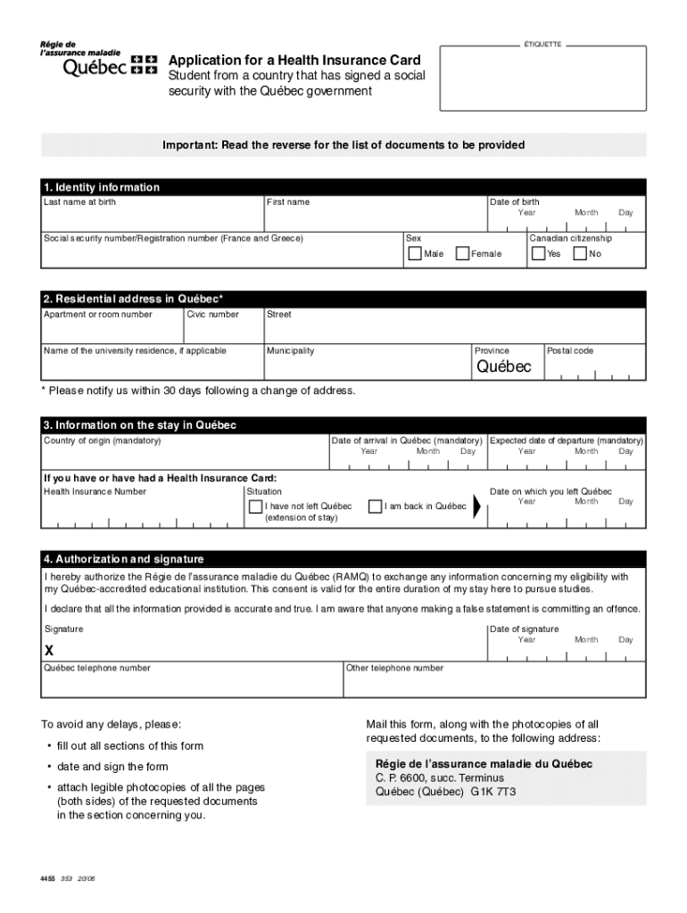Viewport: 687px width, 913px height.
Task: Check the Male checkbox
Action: click(x=415, y=253)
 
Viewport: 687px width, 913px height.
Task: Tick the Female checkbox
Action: click(x=463, y=253)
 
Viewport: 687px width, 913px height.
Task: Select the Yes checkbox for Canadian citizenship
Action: click(x=538, y=253)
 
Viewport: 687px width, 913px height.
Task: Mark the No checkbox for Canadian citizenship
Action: click(x=580, y=253)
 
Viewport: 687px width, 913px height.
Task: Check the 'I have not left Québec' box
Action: click(x=256, y=506)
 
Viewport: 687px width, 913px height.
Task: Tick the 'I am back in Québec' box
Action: click(x=375, y=506)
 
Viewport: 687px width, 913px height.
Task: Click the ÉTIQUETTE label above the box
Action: click(x=542, y=44)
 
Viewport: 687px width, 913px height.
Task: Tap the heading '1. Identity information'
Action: click(x=101, y=187)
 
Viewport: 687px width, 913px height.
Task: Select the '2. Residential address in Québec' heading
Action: click(x=134, y=299)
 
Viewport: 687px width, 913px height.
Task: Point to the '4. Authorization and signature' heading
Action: click(x=123, y=559)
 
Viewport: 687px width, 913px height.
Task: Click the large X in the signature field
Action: click(x=50, y=650)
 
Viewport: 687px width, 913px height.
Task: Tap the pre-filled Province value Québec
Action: click(x=503, y=366)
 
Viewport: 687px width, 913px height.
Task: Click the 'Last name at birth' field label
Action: click(x=79, y=202)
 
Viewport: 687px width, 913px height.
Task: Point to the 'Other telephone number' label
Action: click(x=394, y=668)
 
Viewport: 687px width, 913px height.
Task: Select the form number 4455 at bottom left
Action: click(x=46, y=879)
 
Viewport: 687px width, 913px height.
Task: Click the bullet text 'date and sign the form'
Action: click(x=112, y=767)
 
